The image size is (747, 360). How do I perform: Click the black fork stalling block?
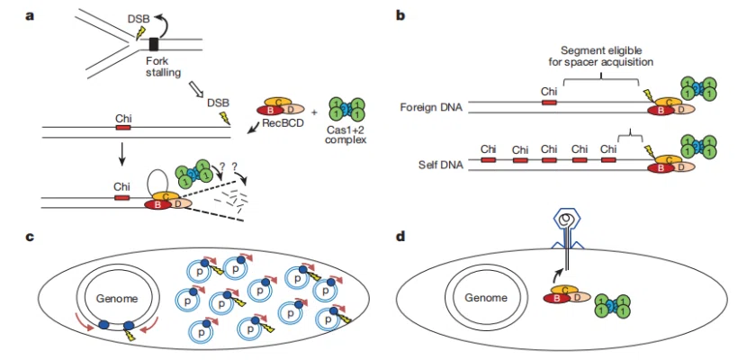click(154, 43)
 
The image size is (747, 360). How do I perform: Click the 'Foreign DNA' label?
click(430, 108)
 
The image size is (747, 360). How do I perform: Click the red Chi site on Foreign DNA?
click(548, 103)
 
